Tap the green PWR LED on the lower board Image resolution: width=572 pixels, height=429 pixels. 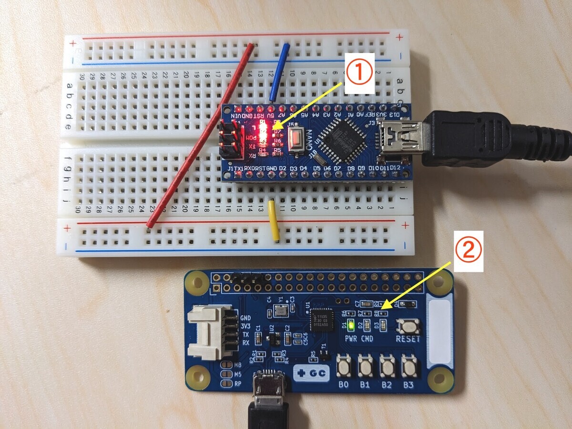pyautogui.click(x=351, y=326)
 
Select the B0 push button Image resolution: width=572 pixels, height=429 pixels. pyautogui.click(x=344, y=367)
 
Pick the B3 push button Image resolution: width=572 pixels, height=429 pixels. pyautogui.click(x=409, y=367)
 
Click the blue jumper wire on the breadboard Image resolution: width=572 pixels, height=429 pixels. pyautogui.click(x=280, y=71)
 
